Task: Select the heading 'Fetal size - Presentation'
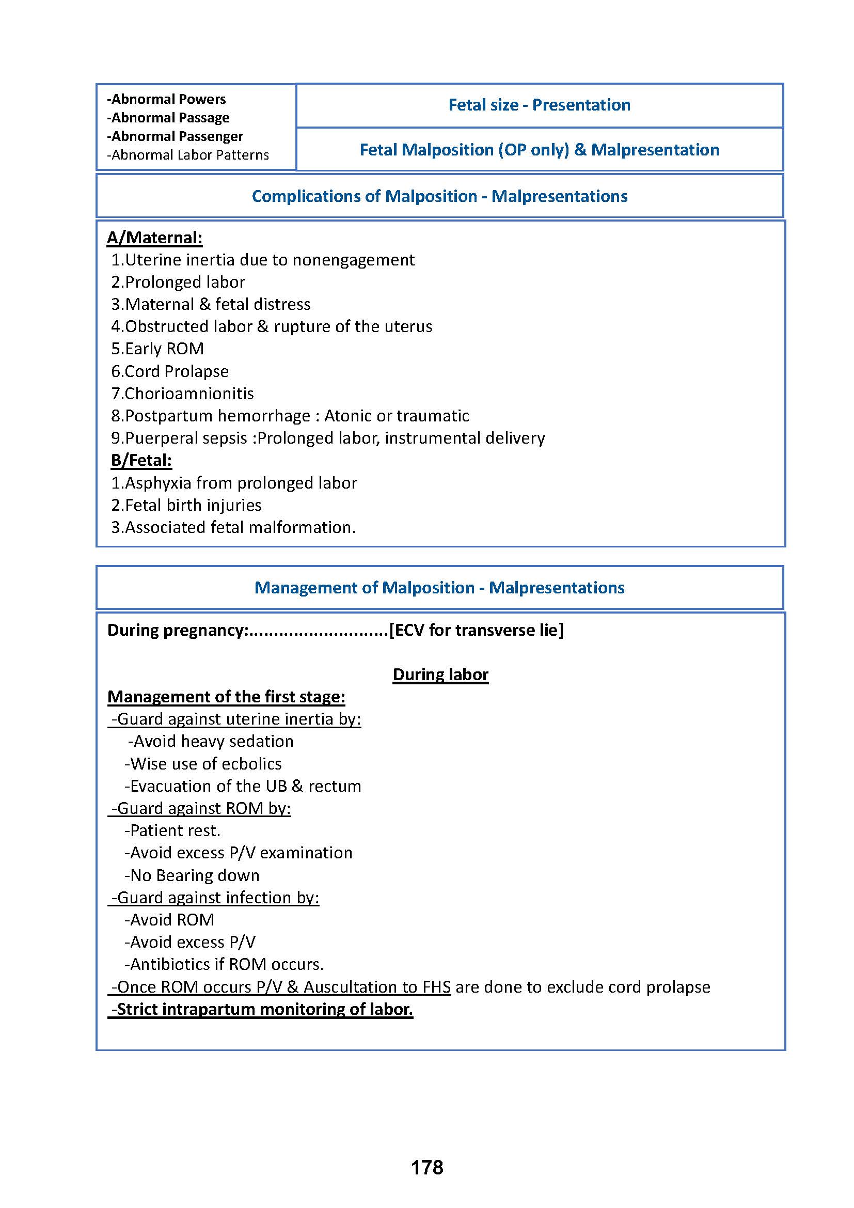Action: pos(539,105)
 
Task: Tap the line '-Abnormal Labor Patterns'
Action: pos(188,155)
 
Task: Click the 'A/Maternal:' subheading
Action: pos(154,237)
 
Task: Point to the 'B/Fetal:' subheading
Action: pos(141,460)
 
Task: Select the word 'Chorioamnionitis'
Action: pos(189,393)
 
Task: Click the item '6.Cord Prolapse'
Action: pos(170,371)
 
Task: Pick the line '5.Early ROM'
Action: pos(157,348)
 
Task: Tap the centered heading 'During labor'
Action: pos(440,674)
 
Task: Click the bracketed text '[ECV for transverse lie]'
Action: pos(476,630)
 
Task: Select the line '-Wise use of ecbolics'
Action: pos(203,763)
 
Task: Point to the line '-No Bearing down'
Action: pos(192,875)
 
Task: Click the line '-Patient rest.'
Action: pos(172,830)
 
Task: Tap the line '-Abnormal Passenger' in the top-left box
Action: pos(175,136)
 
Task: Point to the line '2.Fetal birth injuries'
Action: pos(186,505)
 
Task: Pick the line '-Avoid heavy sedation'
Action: pos(211,741)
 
